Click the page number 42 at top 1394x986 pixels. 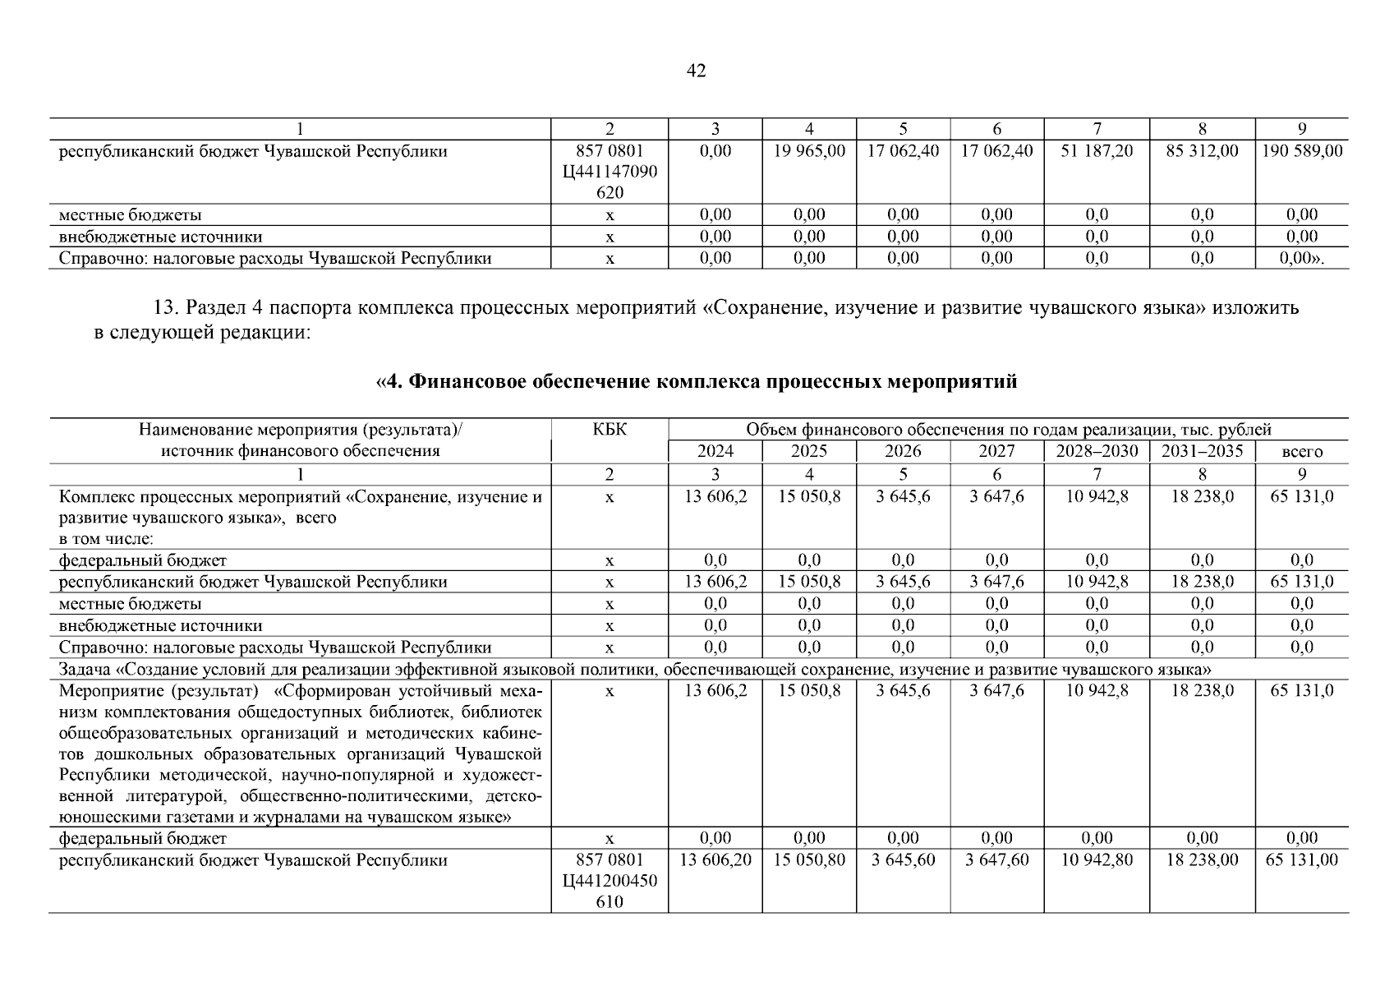696,71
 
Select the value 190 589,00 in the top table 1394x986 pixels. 1301,151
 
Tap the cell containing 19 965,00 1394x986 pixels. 809,151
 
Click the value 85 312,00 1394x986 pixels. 1202,151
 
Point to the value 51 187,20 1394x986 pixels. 1097,151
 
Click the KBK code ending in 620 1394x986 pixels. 610,172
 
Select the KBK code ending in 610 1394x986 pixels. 610,881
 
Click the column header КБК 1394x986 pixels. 610,429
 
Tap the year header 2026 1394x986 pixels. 903,451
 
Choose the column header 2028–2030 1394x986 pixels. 1097,451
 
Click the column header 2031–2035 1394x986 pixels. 1202,451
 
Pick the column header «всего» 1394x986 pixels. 1302,452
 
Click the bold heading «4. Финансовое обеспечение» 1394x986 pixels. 696,382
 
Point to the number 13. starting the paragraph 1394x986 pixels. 166,309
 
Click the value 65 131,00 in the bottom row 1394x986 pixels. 1301,860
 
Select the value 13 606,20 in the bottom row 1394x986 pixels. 715,860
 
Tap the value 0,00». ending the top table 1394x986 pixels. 1302,258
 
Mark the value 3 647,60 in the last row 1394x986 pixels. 996,860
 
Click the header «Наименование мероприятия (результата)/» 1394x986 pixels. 300,429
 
